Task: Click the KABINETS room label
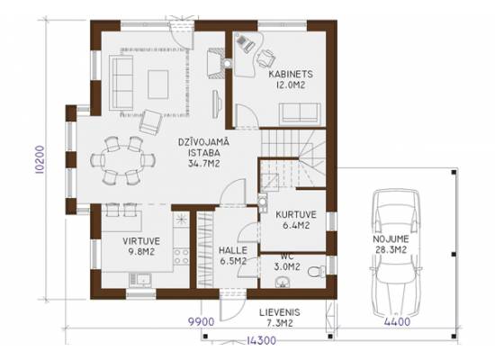pos(291,74)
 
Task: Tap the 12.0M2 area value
pos(291,85)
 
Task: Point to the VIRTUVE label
pos(141,241)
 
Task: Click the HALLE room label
pos(233,250)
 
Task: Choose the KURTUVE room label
pos(296,215)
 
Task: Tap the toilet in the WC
pos(317,271)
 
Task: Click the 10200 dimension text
pos(40,160)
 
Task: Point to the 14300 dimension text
pos(261,340)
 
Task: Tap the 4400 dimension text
pos(397,322)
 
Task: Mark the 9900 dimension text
pos(202,322)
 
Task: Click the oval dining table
pos(122,160)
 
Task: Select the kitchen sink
pos(140,280)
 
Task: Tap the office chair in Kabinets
pos(265,58)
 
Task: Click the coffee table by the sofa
pos(157,85)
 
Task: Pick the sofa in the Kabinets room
pos(300,112)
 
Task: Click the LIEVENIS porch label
pos(280,312)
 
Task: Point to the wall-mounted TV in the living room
pos(216,104)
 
